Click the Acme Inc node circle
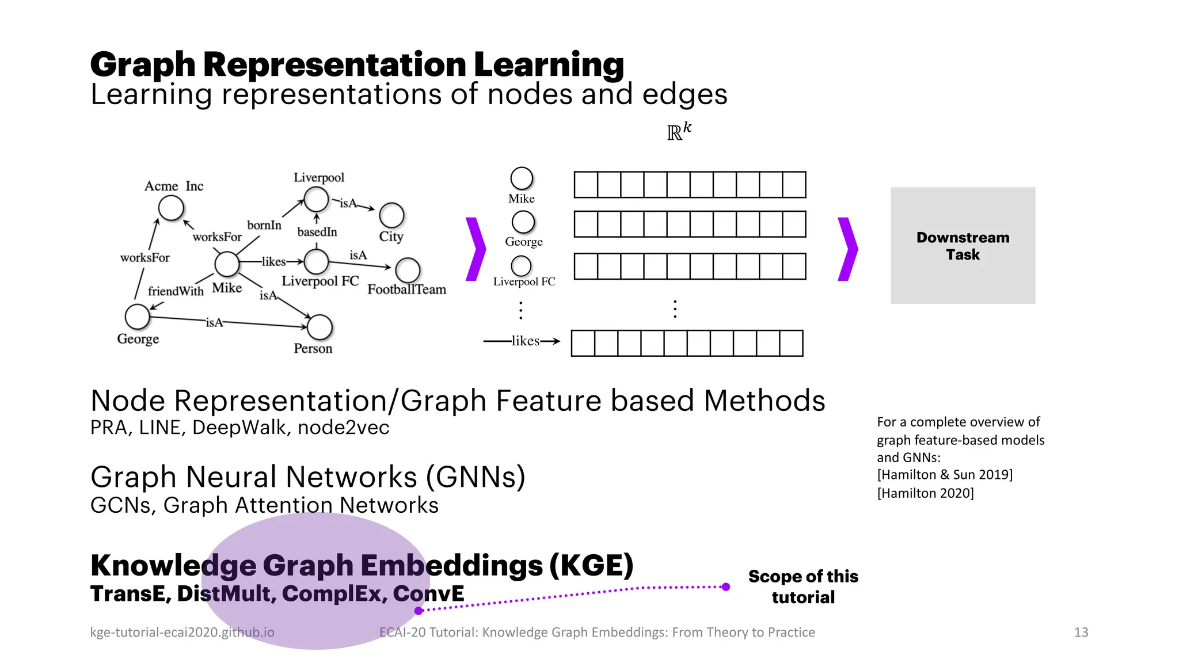[171, 208]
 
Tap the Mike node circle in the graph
[227, 264]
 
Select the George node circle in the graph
[137, 317]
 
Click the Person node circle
[320, 327]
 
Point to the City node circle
[391, 215]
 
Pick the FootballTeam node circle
[408, 270]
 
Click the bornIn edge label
[264, 225]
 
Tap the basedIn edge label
[317, 232]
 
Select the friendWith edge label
[176, 291]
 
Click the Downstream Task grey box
[963, 246]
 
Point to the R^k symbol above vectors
[679, 132]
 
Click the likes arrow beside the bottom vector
[523, 341]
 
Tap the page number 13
[1081, 632]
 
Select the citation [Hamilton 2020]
[925, 493]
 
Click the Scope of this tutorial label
[803, 586]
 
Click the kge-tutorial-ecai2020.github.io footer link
[182, 632]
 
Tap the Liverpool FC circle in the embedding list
[521, 266]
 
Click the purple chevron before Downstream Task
[847, 249]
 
